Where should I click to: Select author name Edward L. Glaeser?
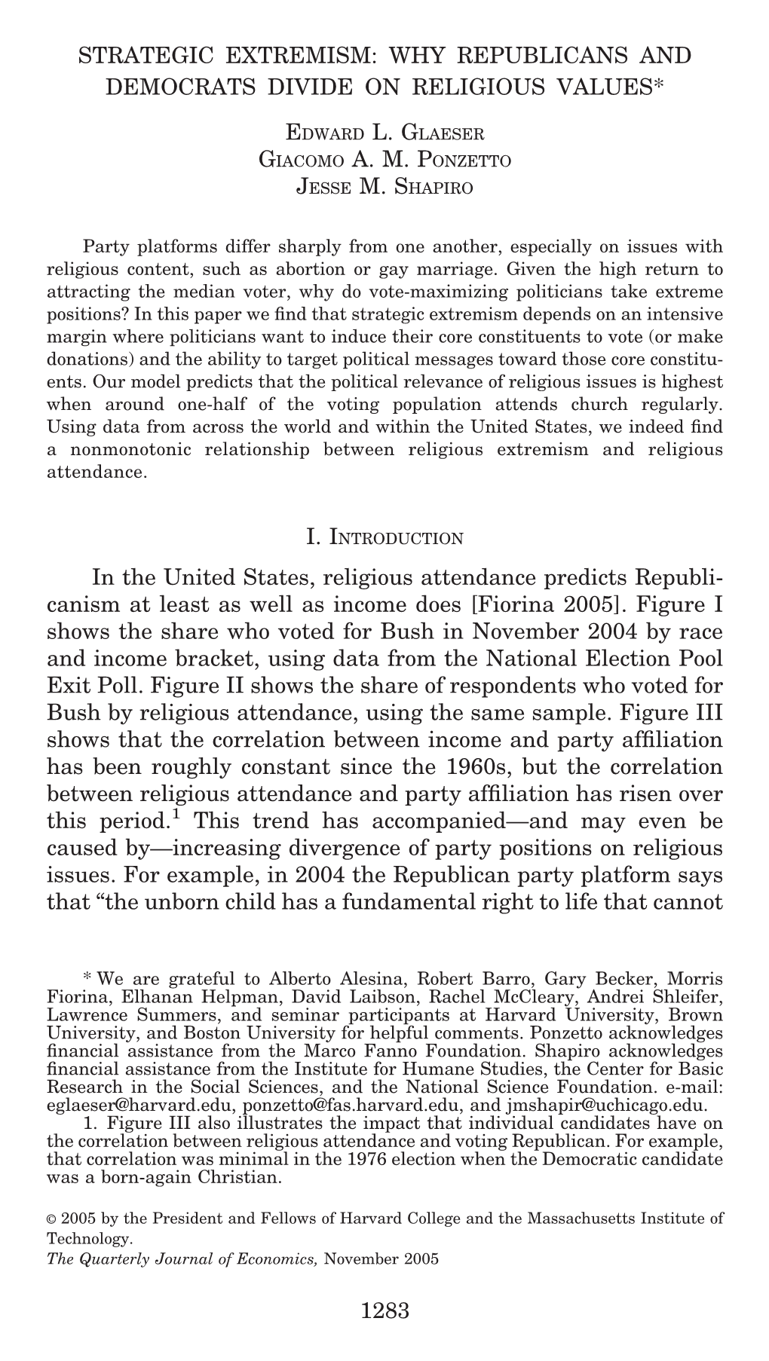click(x=385, y=134)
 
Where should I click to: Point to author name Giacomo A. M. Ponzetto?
click(x=385, y=160)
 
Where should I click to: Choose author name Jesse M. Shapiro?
click(x=385, y=186)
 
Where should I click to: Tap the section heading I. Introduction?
click(x=384, y=537)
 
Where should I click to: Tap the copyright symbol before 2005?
click(x=52, y=1218)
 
